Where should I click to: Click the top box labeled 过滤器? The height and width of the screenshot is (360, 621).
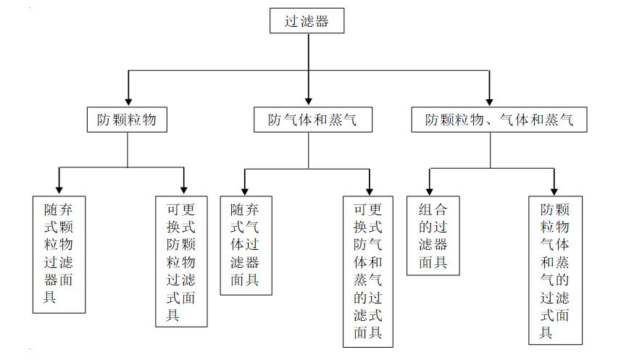tap(307, 21)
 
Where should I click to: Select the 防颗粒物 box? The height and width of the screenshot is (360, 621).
tap(127, 120)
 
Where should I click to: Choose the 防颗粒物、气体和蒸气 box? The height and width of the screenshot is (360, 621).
tap(499, 120)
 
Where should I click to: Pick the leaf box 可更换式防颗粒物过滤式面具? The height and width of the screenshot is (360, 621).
tap(181, 261)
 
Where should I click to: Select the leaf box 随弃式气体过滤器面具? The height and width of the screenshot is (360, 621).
tap(246, 245)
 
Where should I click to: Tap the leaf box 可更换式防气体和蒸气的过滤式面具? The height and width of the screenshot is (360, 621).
tap(369, 271)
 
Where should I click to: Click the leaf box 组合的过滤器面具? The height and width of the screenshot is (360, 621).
tap(433, 235)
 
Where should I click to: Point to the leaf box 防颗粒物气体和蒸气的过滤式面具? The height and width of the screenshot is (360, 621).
tap(555, 270)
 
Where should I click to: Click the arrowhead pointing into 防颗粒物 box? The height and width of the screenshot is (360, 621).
tap(128, 101)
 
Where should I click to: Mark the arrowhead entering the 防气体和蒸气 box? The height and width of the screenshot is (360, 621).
tap(309, 101)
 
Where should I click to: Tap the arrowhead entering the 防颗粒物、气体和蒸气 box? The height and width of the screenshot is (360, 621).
tap(490, 101)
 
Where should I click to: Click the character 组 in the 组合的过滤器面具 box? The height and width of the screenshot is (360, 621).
tap(425, 210)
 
